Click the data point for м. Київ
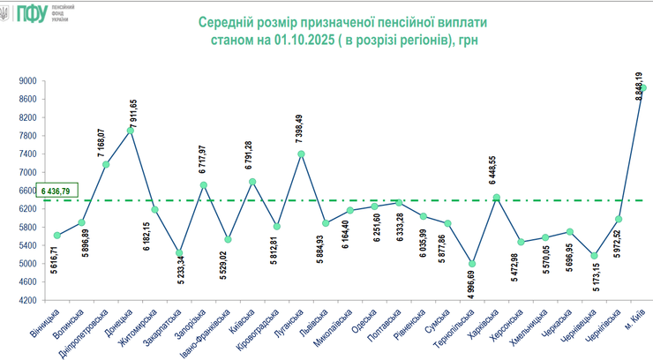[x=643, y=87]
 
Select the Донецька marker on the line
[x=131, y=130]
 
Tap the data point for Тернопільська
[x=472, y=263]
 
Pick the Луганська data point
[x=301, y=154]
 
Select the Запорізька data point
[x=204, y=185]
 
